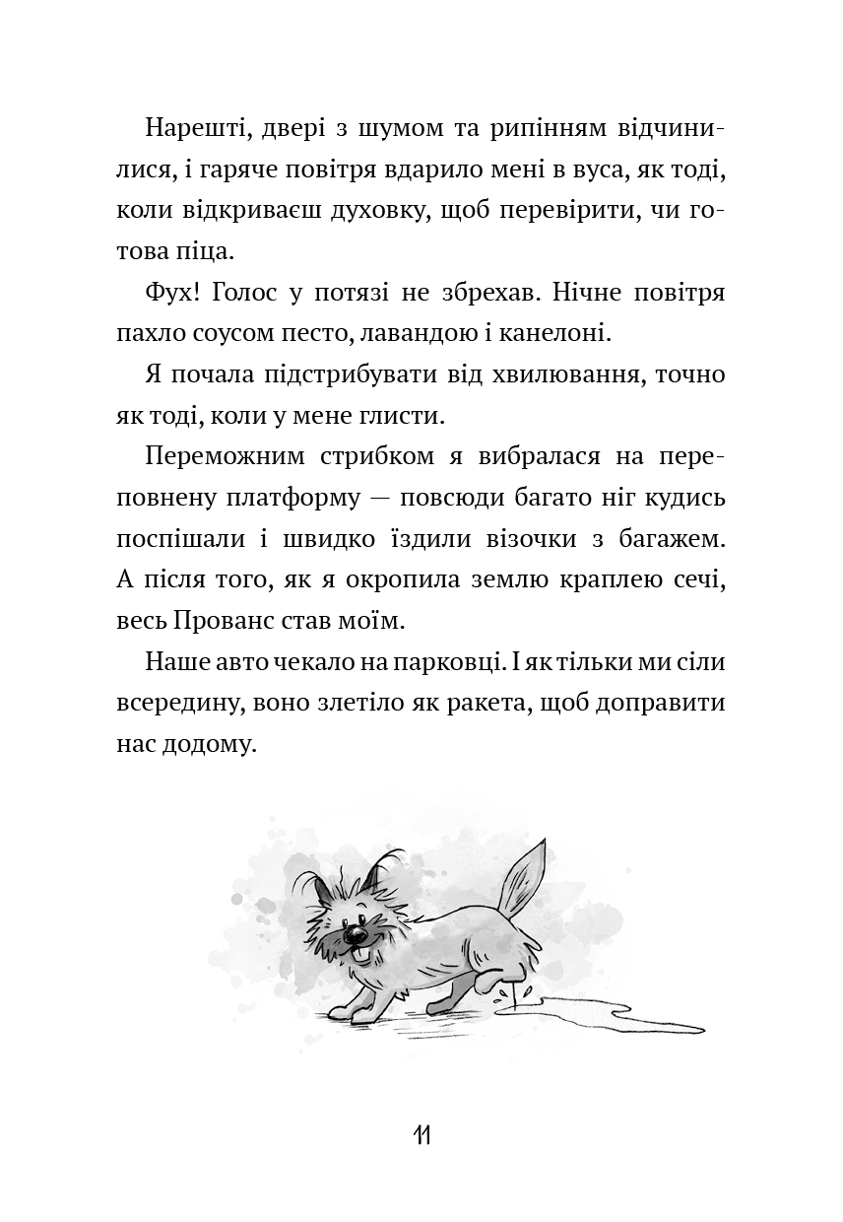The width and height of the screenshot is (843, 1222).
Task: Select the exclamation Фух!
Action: coord(172,293)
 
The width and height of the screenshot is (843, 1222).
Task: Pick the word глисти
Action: coord(404,415)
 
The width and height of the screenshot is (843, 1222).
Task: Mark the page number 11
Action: coord(421,1135)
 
